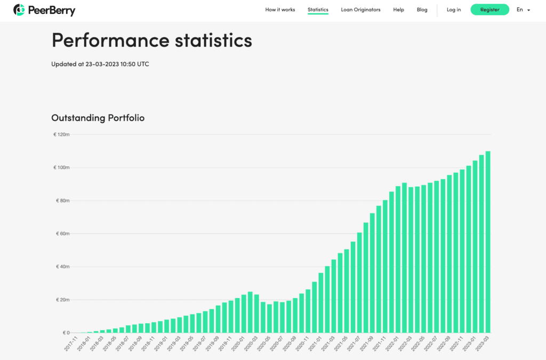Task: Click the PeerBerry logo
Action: click(44, 10)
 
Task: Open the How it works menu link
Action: click(280, 10)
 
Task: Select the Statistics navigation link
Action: click(318, 10)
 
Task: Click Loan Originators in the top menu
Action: click(360, 10)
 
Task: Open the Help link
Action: click(398, 10)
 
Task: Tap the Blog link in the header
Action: click(422, 10)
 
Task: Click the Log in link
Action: click(454, 10)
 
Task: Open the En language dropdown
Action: click(523, 10)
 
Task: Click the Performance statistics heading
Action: click(151, 41)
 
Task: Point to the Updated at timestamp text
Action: click(100, 64)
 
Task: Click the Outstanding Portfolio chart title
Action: click(98, 118)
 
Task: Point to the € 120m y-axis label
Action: click(61, 134)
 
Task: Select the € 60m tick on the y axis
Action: click(62, 234)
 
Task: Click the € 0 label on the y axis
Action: click(64, 333)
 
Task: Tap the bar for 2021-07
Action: click(359, 283)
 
